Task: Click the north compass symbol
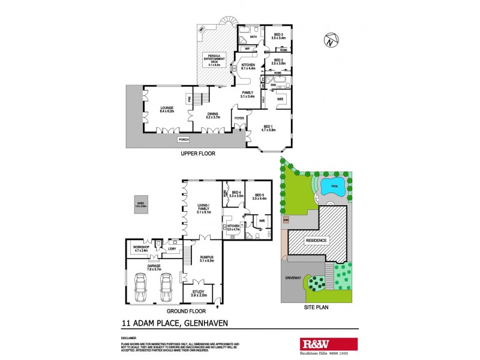329,41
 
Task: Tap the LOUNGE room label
166,110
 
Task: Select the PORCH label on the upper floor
184,140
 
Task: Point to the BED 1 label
268,127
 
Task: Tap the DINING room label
213,115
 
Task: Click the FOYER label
239,118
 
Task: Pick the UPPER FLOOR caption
198,154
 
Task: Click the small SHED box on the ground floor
141,204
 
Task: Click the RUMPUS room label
206,259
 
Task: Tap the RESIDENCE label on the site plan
316,241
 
